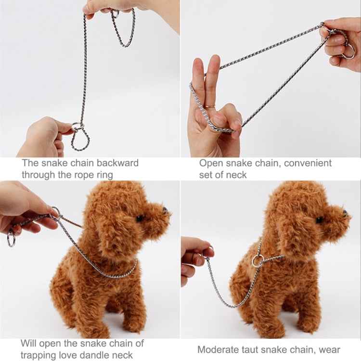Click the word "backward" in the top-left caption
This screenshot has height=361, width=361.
click(x=116, y=163)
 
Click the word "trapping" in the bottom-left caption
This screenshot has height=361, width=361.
click(x=38, y=355)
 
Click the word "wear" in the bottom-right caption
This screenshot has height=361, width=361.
click(x=329, y=350)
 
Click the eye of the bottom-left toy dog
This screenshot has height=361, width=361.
click(x=139, y=219)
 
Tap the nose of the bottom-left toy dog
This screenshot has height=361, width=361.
click(x=165, y=210)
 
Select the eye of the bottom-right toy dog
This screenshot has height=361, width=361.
click(x=319, y=220)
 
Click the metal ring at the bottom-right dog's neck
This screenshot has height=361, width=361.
click(x=258, y=261)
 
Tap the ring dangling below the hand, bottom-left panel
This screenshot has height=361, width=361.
click(x=11, y=238)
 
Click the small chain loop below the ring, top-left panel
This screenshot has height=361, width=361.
click(x=80, y=140)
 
